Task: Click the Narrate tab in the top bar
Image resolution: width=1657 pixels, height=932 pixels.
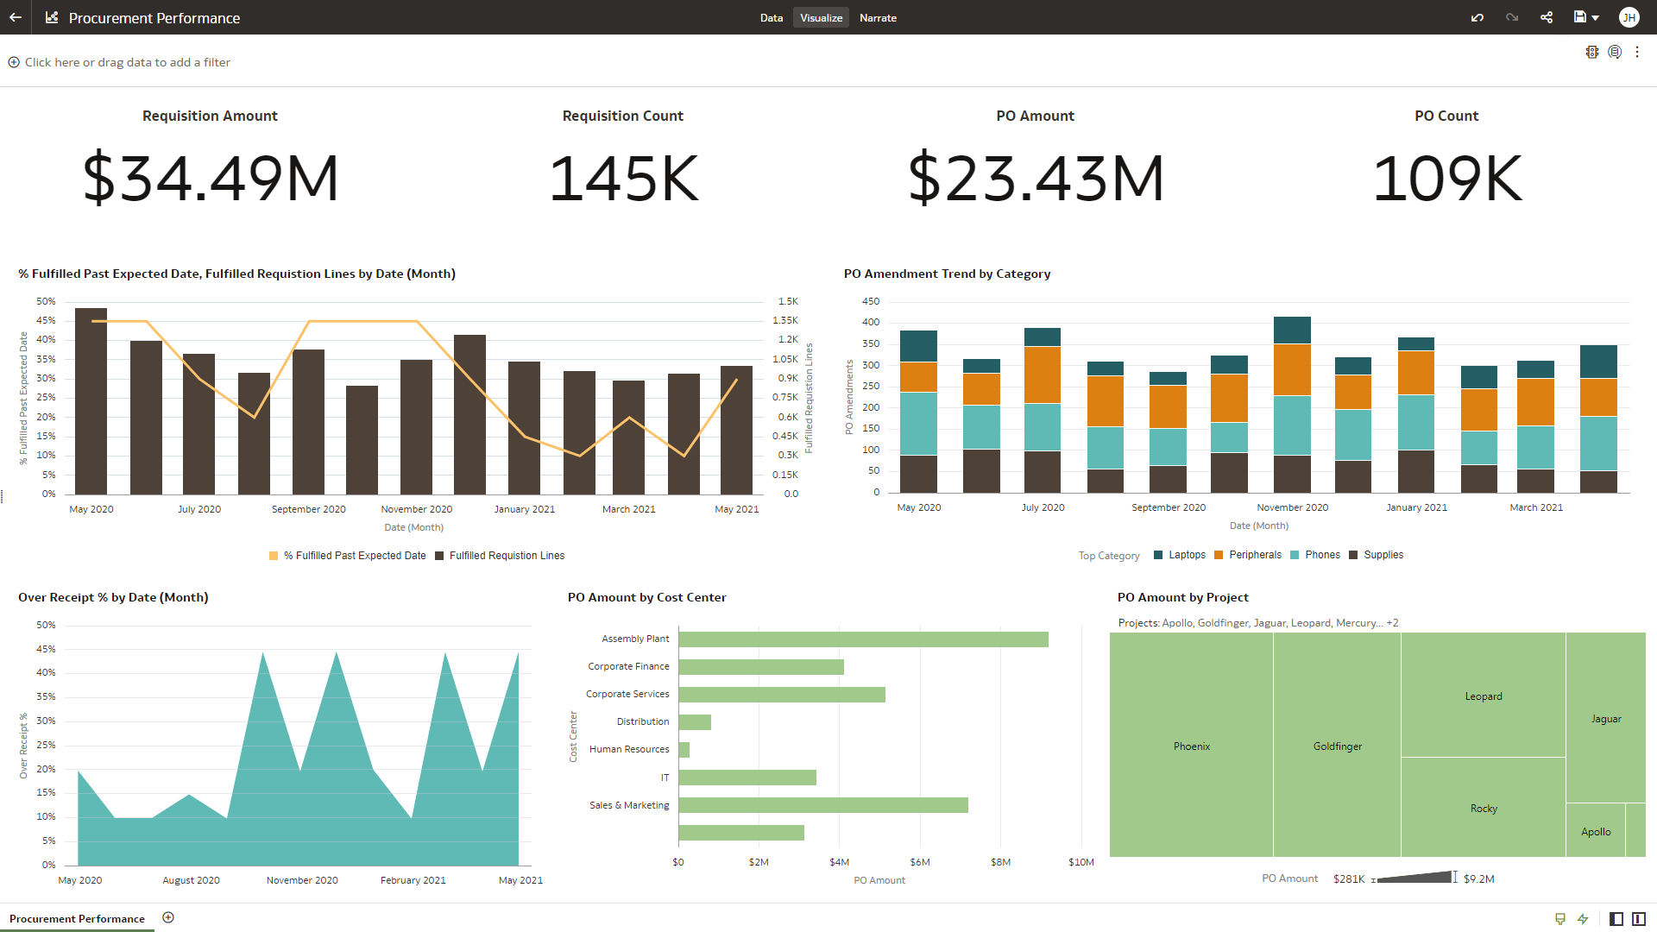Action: click(x=878, y=17)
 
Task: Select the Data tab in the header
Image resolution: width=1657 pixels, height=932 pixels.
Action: click(x=771, y=17)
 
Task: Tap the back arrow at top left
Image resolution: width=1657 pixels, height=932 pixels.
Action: click(x=16, y=17)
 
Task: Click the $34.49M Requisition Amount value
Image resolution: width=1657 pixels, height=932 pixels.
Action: click(x=211, y=178)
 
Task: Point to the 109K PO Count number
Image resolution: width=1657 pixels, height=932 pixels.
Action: click(x=1447, y=178)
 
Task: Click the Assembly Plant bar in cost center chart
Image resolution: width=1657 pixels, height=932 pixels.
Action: click(x=863, y=639)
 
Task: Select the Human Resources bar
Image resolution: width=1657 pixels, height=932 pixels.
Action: click(x=684, y=750)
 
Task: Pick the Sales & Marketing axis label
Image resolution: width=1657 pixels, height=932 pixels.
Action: click(x=629, y=805)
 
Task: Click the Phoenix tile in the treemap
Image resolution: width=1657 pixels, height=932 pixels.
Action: click(x=1191, y=746)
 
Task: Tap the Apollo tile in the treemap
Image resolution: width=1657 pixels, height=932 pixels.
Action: click(x=1595, y=831)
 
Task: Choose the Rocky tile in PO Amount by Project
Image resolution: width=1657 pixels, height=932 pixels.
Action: click(x=1483, y=808)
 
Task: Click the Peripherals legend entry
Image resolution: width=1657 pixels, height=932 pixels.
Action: click(x=1254, y=555)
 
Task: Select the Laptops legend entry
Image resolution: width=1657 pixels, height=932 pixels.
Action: click(x=1186, y=555)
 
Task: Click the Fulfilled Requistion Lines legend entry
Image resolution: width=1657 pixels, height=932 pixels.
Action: click(x=506, y=556)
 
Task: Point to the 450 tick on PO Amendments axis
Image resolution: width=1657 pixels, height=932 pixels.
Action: click(x=871, y=301)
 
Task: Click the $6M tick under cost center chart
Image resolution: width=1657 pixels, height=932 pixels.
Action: click(x=920, y=862)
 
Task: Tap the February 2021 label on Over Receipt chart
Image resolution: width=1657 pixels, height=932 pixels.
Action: click(x=413, y=880)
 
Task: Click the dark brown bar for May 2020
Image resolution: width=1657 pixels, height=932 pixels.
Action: click(x=91, y=401)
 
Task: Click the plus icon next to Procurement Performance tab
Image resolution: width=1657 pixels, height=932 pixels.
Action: click(x=168, y=917)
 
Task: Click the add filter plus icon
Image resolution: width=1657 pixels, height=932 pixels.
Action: click(x=14, y=62)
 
